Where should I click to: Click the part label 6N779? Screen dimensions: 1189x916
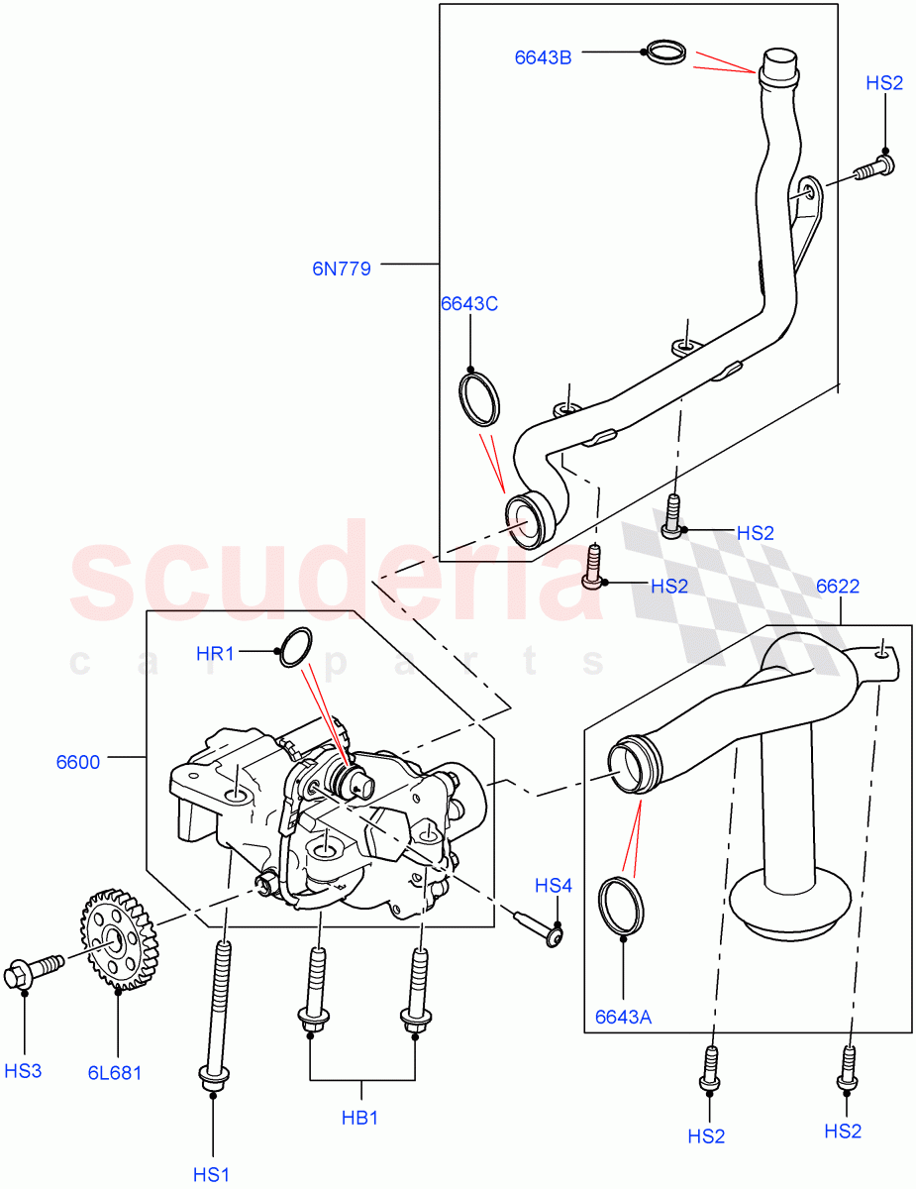(342, 268)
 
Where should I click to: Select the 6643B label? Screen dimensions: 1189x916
(543, 56)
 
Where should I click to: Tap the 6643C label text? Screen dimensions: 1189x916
(469, 304)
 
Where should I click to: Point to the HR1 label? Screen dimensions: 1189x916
(215, 653)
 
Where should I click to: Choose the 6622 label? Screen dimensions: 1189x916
(837, 587)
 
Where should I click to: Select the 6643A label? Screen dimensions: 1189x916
(623, 1017)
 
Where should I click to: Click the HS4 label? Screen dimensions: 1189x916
(554, 886)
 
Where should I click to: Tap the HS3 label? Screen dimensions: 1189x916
(23, 1071)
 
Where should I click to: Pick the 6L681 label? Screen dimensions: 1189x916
(114, 1073)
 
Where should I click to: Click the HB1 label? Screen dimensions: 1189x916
(360, 1118)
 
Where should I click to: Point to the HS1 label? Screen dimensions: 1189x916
(211, 1175)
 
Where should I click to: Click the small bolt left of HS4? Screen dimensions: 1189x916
(538, 924)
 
